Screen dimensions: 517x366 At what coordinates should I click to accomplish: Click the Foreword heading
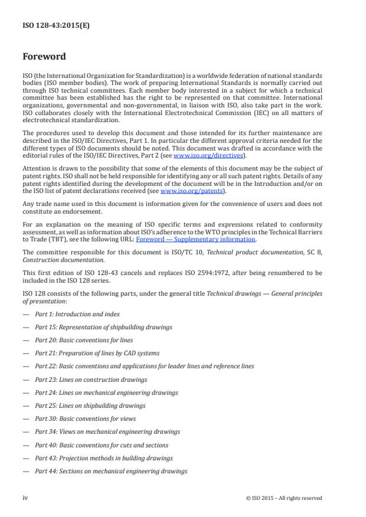click(x=44, y=57)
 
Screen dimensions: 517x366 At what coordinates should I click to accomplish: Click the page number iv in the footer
click(x=25, y=498)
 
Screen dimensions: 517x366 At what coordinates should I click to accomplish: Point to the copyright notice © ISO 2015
click(x=284, y=498)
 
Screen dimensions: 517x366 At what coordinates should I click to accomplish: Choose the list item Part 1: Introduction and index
click(x=77, y=314)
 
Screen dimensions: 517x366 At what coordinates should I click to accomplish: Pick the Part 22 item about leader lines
click(x=144, y=366)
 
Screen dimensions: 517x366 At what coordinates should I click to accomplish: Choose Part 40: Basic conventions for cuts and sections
click(x=102, y=445)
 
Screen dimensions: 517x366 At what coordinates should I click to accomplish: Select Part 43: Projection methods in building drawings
click(x=104, y=458)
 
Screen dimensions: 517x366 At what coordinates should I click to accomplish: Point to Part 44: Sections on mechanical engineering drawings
click(x=111, y=471)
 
